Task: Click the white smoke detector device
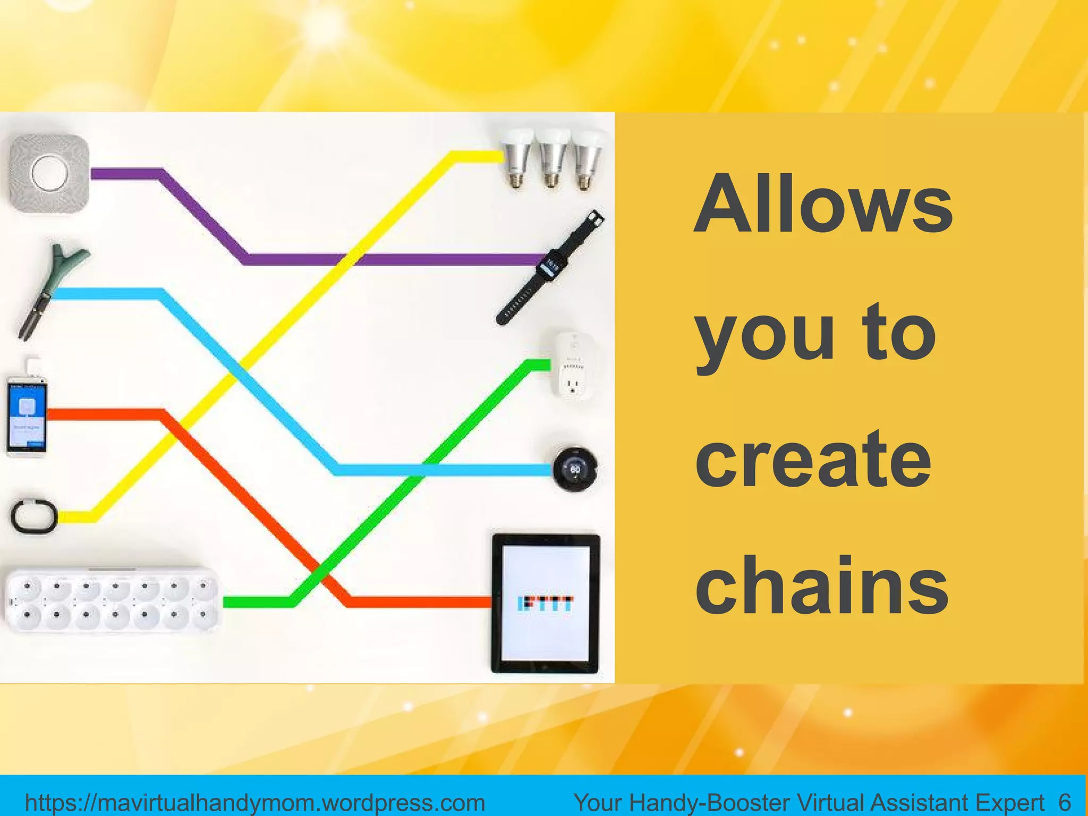pyautogui.click(x=49, y=174)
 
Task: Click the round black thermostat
pyautogui.click(x=575, y=469)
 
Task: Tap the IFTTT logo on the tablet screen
pyautogui.click(x=546, y=603)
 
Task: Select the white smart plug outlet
pyautogui.click(x=573, y=367)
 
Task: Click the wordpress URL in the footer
pyautogui.click(x=255, y=802)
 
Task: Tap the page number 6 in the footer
pyautogui.click(x=1064, y=802)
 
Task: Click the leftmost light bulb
pyautogui.click(x=516, y=157)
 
